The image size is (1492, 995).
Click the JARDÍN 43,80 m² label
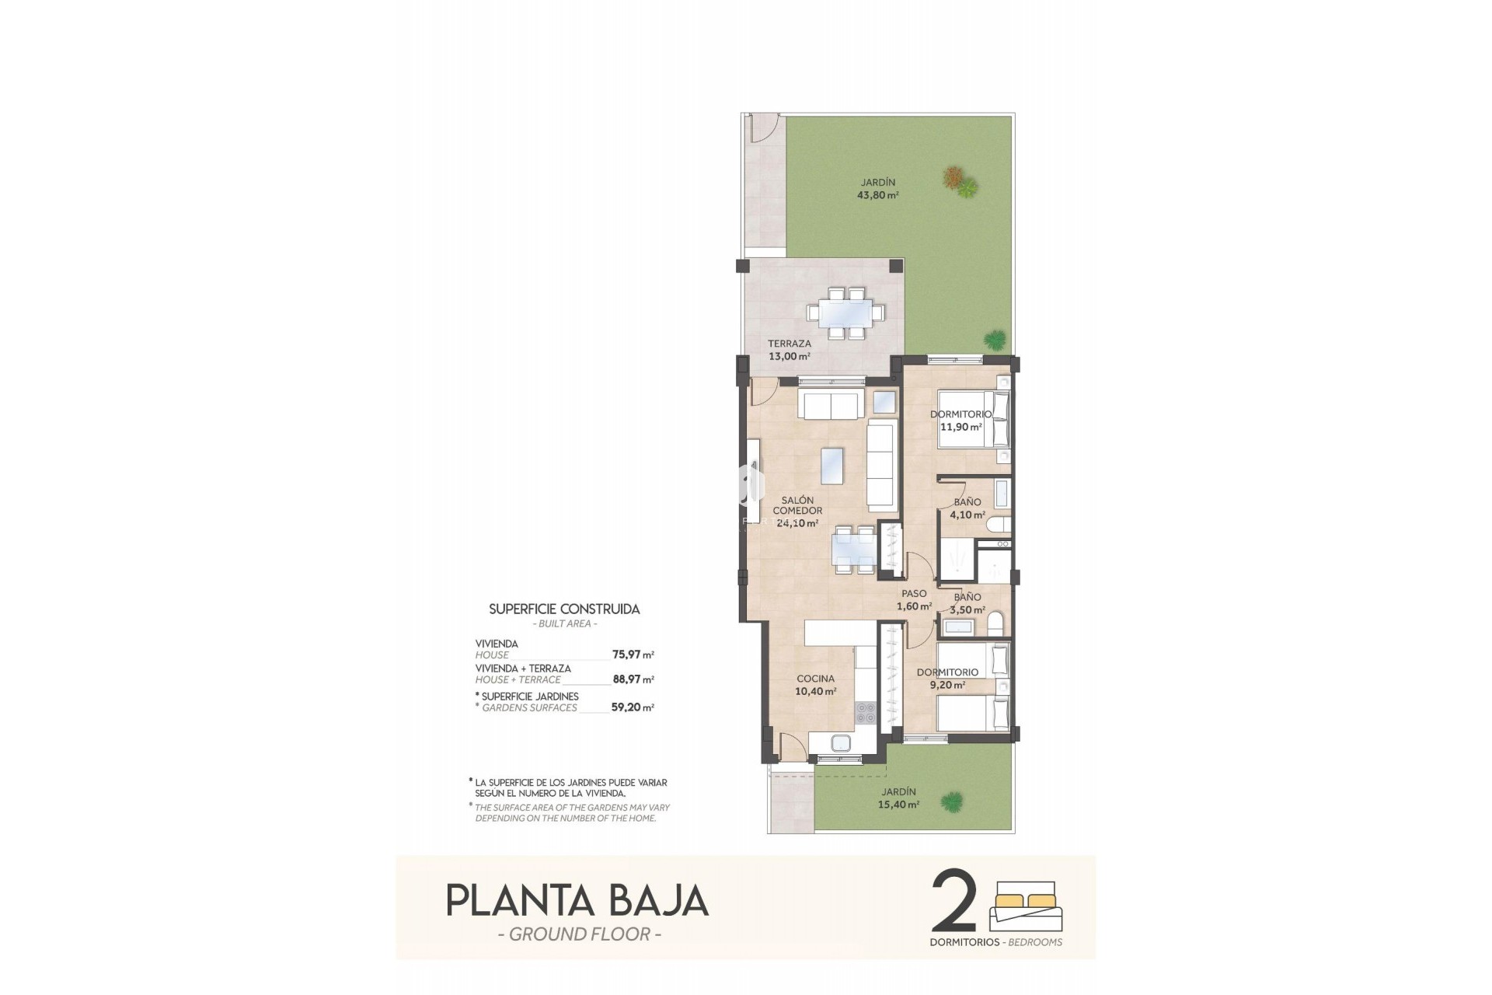pyautogui.click(x=877, y=189)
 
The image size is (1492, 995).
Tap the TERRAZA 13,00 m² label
pyautogui.click(x=789, y=350)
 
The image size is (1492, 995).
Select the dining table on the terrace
pyautogui.click(x=845, y=313)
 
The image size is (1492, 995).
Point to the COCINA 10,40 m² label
pyautogui.click(x=815, y=685)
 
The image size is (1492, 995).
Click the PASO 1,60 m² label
pyautogui.click(x=914, y=600)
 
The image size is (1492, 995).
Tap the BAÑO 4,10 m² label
pyautogui.click(x=967, y=508)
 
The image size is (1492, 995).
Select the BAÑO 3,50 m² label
pyautogui.click(x=967, y=603)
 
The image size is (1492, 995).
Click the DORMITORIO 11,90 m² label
pyautogui.click(x=961, y=421)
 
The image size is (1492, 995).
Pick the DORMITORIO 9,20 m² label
pyautogui.click(x=947, y=679)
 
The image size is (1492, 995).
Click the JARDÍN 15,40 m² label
pyautogui.click(x=898, y=798)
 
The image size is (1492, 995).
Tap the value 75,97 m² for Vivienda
pyautogui.click(x=633, y=655)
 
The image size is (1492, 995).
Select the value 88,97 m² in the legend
pyautogui.click(x=633, y=679)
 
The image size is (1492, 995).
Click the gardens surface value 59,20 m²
pyautogui.click(x=633, y=707)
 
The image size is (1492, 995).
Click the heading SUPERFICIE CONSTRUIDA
pyautogui.click(x=564, y=609)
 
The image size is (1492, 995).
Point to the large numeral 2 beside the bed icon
pyautogui.click(x=953, y=902)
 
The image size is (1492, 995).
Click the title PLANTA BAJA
pyautogui.click(x=577, y=900)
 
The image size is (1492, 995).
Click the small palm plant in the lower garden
pyautogui.click(x=951, y=801)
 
